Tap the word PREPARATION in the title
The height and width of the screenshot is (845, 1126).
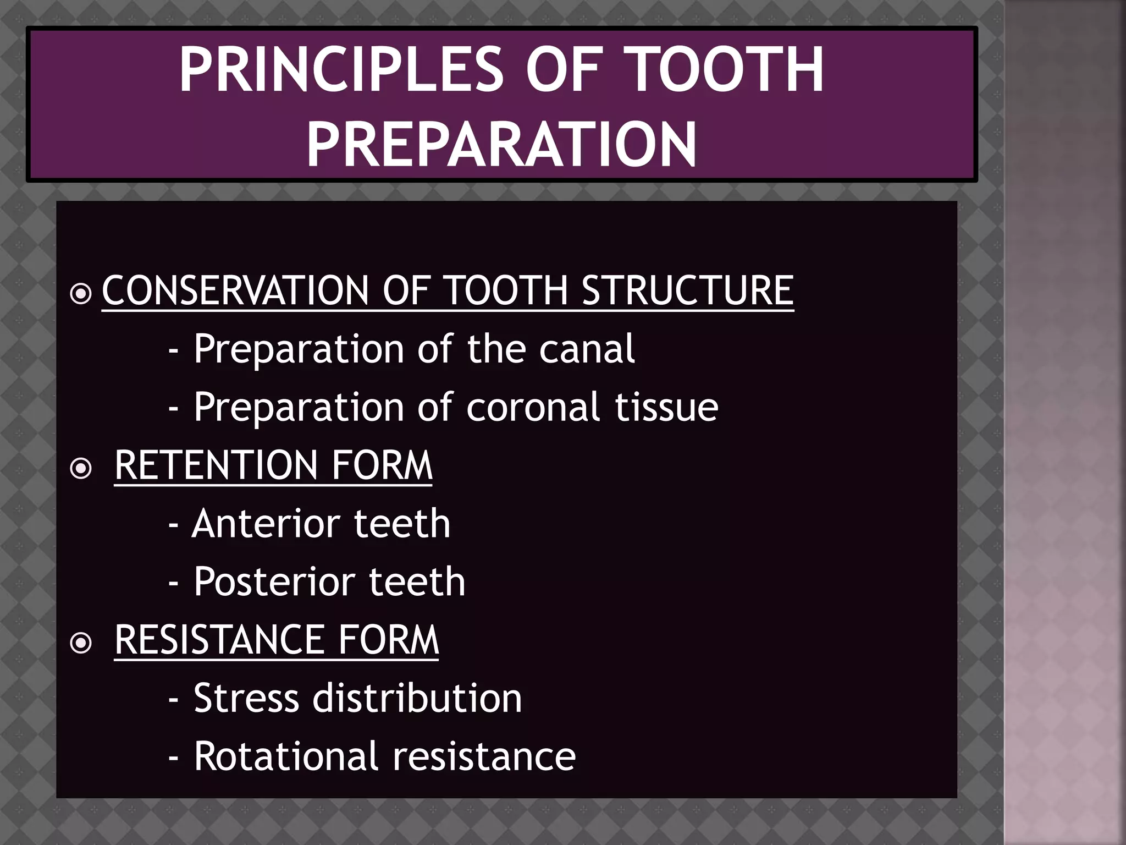tap(501, 145)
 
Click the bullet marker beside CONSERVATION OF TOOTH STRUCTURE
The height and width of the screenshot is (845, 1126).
tap(81, 293)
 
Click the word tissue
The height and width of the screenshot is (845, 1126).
tap(666, 408)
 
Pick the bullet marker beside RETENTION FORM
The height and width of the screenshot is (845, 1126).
tap(81, 468)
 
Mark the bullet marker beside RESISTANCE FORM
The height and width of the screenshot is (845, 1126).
tap(81, 643)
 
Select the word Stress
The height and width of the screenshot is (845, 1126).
tap(246, 698)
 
